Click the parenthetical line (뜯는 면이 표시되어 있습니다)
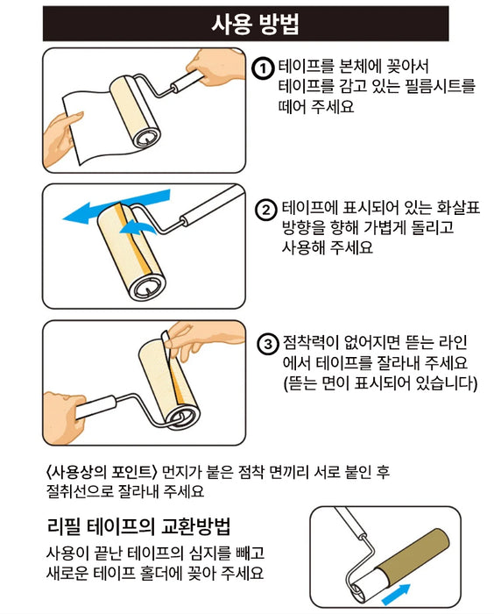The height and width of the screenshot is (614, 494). click(379, 383)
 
